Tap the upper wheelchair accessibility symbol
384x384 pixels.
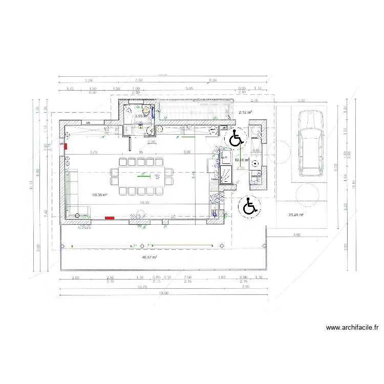pyautogui.click(x=236, y=138)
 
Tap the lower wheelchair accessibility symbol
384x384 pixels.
pyautogui.click(x=250, y=206)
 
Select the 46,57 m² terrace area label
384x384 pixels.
pyautogui.click(x=149, y=258)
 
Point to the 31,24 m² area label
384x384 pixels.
pyautogui.click(x=296, y=215)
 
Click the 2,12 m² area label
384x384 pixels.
pyautogui.click(x=245, y=112)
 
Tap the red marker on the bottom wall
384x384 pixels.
pyautogui.click(x=110, y=218)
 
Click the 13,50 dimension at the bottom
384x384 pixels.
pyautogui.click(x=163, y=293)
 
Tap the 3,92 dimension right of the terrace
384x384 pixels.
pyautogui.click(x=296, y=234)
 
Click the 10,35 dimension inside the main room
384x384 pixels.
pyautogui.click(x=144, y=203)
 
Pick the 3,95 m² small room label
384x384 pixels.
pyautogui.click(x=139, y=116)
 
